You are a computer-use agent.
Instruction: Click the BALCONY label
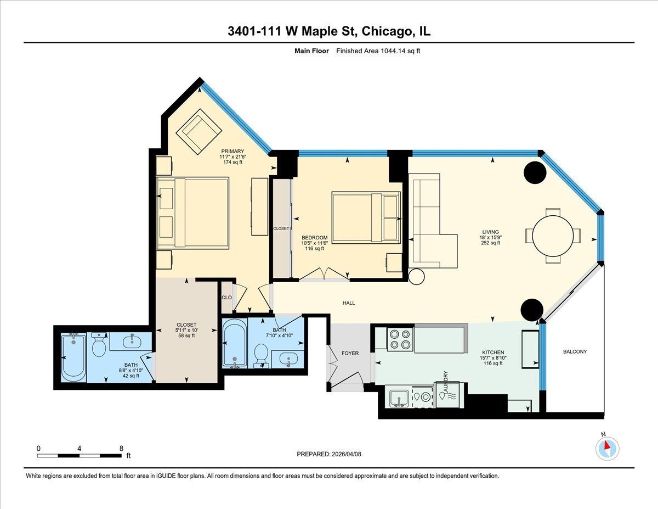pos(574,352)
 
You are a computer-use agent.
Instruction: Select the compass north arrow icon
pos(606,448)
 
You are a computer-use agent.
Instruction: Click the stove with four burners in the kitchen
pos(400,339)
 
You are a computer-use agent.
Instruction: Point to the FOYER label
pos(350,353)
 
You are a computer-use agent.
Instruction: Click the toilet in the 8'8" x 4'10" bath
pos(99,346)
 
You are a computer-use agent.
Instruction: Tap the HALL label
pos(349,303)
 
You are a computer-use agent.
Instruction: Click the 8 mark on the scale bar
pos(121,448)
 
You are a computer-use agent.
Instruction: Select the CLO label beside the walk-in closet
pos(226,298)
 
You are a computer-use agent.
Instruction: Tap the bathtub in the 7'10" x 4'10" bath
pos(235,343)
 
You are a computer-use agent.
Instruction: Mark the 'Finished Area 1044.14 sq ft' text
pos(378,51)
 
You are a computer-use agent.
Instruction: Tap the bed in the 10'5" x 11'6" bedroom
pos(366,217)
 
